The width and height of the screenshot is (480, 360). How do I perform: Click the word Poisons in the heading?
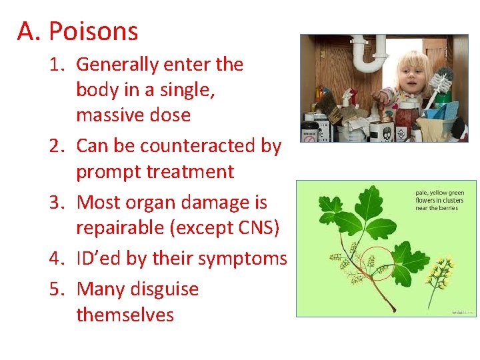[93, 31]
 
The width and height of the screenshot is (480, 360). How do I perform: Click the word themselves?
[125, 315]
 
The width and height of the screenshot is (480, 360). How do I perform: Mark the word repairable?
[121, 227]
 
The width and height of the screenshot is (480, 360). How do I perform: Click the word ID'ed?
[99, 258]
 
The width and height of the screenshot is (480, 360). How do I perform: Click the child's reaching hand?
[381, 99]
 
